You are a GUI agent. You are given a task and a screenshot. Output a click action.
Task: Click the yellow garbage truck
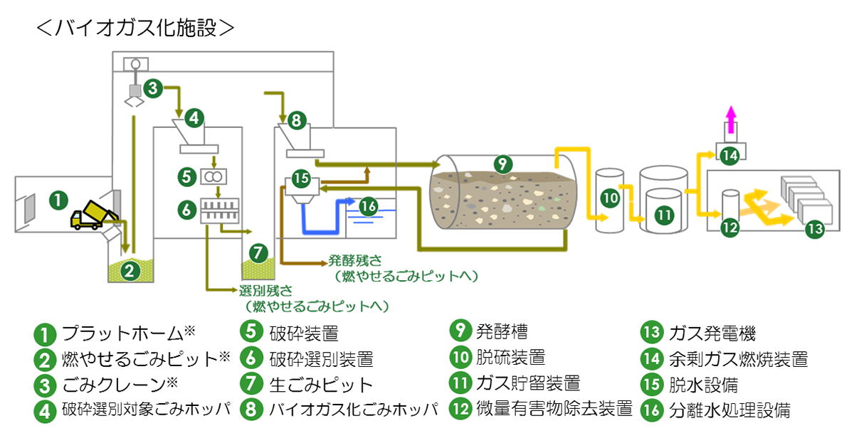91,215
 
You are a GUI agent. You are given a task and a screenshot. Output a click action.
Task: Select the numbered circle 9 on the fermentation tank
502,165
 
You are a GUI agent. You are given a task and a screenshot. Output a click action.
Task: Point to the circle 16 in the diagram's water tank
367,206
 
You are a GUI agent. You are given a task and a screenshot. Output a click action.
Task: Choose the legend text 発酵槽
502,331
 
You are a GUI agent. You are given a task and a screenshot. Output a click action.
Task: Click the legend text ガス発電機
712,333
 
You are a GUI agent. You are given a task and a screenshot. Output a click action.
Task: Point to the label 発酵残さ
352,260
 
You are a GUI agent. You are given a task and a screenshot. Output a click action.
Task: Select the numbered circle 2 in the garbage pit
129,269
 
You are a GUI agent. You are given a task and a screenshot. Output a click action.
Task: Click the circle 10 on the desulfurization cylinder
610,199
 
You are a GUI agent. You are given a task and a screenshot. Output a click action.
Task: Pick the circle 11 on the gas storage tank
663,214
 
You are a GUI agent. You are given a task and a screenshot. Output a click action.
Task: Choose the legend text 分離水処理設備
729,410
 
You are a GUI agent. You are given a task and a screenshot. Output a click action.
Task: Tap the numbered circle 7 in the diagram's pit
258,252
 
